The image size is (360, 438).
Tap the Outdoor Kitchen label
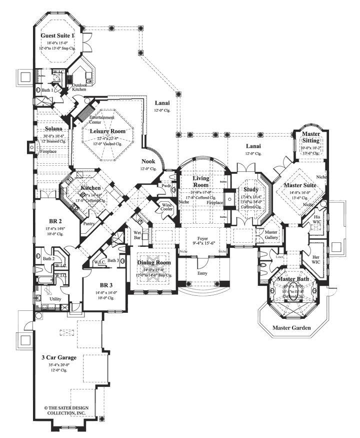(x=80, y=88)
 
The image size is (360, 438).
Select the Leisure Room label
(x=107, y=131)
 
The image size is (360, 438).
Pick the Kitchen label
(x=91, y=188)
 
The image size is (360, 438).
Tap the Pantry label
(x=90, y=224)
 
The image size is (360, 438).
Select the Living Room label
(x=200, y=181)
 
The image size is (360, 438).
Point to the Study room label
(x=250, y=189)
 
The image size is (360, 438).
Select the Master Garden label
(x=291, y=328)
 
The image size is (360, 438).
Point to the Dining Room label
(x=154, y=262)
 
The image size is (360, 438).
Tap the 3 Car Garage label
(x=59, y=357)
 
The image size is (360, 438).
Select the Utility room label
(x=55, y=298)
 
